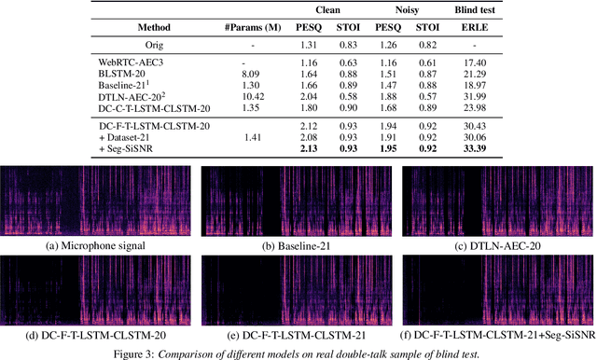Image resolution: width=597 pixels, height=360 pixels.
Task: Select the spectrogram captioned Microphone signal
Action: tap(97, 200)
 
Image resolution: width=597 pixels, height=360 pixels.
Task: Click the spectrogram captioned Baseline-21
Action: tap(298, 200)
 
